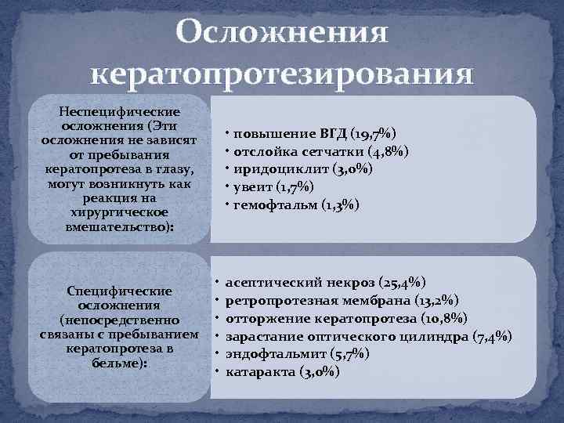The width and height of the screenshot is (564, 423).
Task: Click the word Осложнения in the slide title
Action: coord(282,34)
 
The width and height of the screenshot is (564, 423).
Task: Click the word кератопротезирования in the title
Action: coord(282,75)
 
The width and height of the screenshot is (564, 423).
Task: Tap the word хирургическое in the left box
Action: coord(120,212)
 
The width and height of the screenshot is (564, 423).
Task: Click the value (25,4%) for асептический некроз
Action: coord(402,281)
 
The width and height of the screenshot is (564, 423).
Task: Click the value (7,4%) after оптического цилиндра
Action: coord(493,336)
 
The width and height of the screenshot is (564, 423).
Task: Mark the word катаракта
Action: coord(258,372)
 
